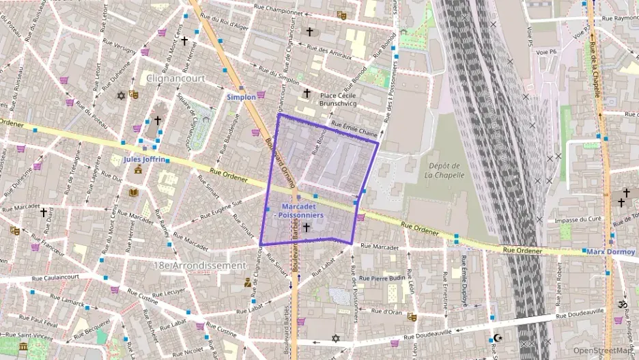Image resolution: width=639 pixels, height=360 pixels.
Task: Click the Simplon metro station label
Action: point(241,97)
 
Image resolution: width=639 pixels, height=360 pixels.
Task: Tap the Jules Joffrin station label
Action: point(144,159)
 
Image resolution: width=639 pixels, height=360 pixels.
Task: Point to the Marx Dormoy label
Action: point(610,252)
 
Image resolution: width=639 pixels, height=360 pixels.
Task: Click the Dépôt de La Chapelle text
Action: point(444,169)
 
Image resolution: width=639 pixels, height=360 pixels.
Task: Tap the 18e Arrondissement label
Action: point(199,264)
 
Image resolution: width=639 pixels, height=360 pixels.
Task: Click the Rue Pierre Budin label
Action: point(382,279)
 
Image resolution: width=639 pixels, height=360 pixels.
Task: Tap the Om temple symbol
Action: point(622,303)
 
